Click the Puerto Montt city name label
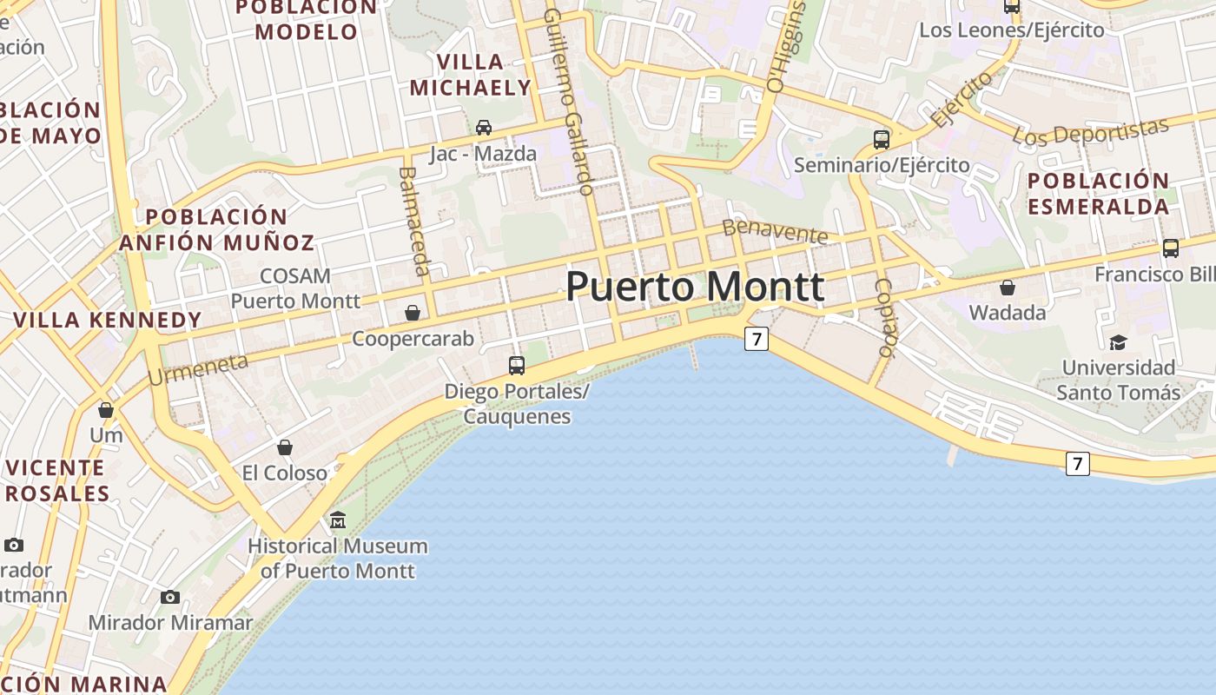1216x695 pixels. pyautogui.click(x=695, y=288)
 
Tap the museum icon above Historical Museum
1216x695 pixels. pyautogui.click(x=338, y=520)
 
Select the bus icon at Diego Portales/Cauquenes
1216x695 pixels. pyautogui.click(x=517, y=365)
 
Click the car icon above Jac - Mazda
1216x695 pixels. pyautogui.click(x=484, y=128)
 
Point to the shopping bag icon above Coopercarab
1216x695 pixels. pyautogui.click(x=413, y=312)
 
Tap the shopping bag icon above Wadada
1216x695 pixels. pyautogui.click(x=1008, y=287)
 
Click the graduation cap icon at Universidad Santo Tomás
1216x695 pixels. pyautogui.click(x=1118, y=342)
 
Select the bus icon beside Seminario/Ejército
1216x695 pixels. pyautogui.click(x=882, y=139)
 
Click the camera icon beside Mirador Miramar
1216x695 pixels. pyautogui.click(x=170, y=597)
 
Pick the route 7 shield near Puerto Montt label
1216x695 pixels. pyautogui.click(x=757, y=339)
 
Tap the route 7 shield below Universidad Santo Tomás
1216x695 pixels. pyautogui.click(x=1077, y=464)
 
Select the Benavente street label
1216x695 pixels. pyautogui.click(x=775, y=231)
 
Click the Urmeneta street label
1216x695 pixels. pyautogui.click(x=198, y=369)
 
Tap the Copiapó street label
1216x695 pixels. pyautogui.click(x=885, y=317)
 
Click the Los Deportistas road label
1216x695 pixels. pyautogui.click(x=1091, y=131)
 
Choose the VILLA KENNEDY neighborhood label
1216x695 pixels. pyautogui.click(x=108, y=320)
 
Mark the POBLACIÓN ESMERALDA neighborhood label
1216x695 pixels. pyautogui.click(x=1098, y=194)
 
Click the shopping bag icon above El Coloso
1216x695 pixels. pyautogui.click(x=285, y=447)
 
